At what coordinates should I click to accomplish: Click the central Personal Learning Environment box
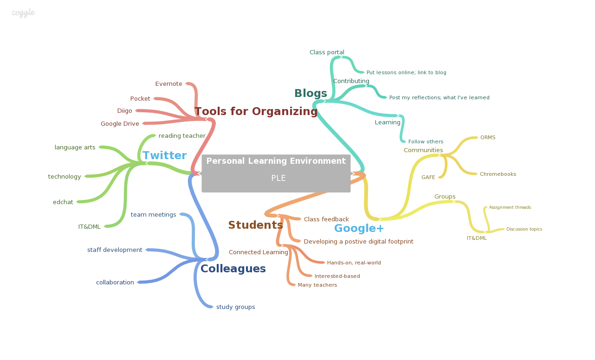276,173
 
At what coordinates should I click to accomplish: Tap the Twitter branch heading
164,156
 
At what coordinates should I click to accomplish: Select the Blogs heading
310,94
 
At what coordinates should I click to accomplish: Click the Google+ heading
359,229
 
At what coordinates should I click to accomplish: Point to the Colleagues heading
233,269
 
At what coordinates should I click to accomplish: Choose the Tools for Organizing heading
256,112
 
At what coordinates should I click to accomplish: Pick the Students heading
255,225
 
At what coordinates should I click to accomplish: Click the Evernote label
168,84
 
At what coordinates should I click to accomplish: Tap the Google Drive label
120,124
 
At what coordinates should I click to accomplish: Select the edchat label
63,202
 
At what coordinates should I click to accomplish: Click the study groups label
235,307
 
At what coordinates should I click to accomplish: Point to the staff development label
115,250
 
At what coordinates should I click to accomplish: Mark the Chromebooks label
498,174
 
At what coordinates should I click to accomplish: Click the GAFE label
428,178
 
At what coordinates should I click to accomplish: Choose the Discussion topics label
524,229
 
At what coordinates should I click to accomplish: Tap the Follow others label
426,142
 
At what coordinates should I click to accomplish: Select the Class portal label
327,52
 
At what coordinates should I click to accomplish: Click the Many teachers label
317,285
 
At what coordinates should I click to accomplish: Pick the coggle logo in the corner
23,13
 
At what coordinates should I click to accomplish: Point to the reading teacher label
182,136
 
